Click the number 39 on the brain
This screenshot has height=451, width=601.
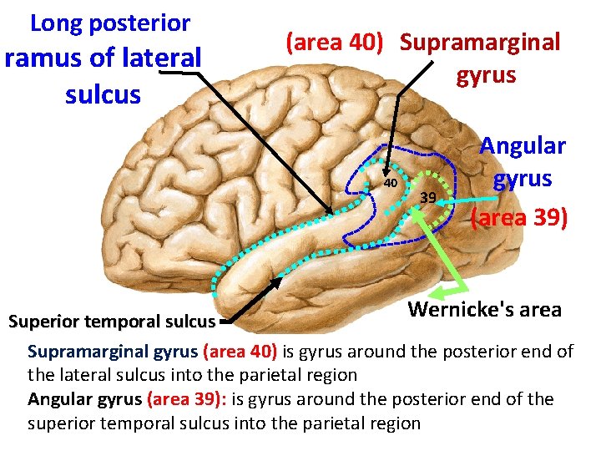pos(428,197)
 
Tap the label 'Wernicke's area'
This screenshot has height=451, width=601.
pos(484,310)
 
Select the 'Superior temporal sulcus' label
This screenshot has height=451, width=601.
pos(112,321)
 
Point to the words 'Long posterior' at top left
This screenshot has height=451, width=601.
pos(110,23)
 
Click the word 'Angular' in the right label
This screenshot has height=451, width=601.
pos(522,146)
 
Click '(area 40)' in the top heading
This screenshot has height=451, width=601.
pos(334,43)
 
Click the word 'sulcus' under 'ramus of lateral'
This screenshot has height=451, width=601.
pos(103,94)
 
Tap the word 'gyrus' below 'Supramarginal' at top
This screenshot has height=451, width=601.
pos(486,76)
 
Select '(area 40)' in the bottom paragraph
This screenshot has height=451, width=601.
pos(240,352)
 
